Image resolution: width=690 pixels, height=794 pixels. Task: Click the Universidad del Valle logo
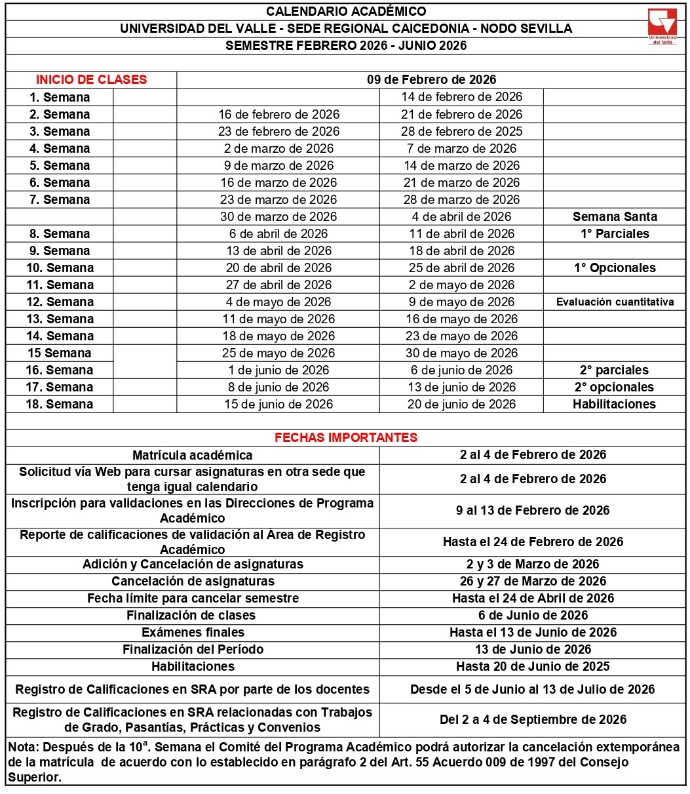(x=662, y=27)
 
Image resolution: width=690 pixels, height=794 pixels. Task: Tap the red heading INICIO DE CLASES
(x=91, y=80)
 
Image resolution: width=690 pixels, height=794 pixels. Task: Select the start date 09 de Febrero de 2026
(x=431, y=80)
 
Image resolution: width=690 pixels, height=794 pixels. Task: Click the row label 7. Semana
(x=60, y=199)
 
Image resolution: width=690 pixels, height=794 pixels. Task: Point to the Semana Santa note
(x=615, y=216)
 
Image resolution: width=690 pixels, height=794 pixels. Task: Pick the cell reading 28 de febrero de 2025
(x=461, y=131)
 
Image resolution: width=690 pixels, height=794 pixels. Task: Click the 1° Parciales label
(x=615, y=233)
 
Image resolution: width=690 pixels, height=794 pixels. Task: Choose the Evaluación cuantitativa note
(x=615, y=302)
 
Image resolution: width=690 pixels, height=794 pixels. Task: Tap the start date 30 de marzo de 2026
(x=278, y=216)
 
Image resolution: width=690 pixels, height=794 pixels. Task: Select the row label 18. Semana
(x=60, y=404)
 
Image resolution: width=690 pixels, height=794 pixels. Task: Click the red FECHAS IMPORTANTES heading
(x=346, y=437)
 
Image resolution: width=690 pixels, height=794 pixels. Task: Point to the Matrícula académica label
(x=192, y=455)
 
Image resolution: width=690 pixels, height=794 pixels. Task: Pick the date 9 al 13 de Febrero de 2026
(x=533, y=510)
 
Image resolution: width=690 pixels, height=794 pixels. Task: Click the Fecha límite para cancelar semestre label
(x=193, y=598)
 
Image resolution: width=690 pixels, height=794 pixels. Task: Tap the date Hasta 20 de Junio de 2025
(x=533, y=666)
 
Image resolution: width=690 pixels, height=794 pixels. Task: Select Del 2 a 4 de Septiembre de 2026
(x=533, y=719)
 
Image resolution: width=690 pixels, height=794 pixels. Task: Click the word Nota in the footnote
(x=22, y=747)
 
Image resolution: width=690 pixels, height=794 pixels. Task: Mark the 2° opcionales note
(x=614, y=387)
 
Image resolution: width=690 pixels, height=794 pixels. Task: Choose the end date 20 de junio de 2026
(x=461, y=404)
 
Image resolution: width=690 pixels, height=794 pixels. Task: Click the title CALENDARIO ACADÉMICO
(x=346, y=11)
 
